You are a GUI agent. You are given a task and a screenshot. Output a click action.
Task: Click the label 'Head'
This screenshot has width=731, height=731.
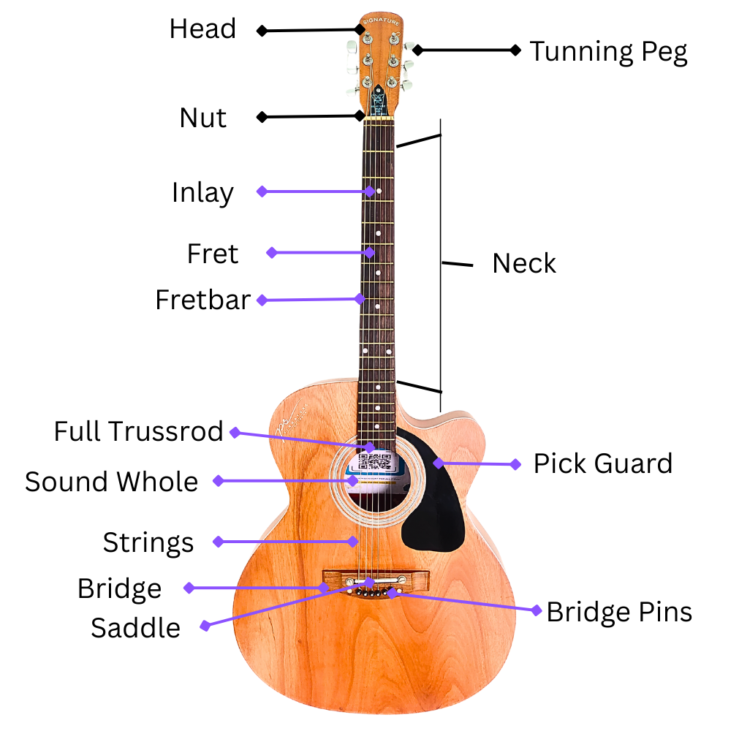point(202,29)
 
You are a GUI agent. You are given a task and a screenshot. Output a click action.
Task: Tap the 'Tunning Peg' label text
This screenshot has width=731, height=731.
point(608,52)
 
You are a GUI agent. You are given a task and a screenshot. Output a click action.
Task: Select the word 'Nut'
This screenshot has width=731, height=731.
point(203,118)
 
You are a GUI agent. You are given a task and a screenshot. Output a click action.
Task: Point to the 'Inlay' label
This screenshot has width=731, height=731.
point(202,193)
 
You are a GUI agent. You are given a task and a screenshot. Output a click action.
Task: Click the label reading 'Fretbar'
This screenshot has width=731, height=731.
point(202,300)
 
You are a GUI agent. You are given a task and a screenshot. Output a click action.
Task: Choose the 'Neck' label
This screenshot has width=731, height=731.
point(524,263)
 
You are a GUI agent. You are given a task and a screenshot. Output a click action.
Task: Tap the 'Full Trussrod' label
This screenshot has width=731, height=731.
point(138,431)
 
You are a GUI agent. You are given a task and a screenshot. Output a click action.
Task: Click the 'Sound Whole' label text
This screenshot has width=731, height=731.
point(111,482)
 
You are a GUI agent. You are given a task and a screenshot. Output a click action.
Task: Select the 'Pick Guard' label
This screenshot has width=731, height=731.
point(602,463)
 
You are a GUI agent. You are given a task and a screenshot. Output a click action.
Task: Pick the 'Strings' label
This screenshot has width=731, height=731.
point(148,542)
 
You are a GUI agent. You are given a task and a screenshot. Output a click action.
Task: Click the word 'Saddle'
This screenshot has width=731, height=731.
point(135,627)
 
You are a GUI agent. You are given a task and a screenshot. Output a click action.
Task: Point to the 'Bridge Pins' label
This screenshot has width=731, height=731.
point(619,611)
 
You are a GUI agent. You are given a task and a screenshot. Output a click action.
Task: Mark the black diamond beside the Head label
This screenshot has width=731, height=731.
point(261,31)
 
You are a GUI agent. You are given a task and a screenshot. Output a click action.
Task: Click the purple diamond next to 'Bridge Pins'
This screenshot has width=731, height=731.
point(537,609)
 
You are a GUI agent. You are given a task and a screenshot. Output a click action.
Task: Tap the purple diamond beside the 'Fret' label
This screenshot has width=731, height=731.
point(271,252)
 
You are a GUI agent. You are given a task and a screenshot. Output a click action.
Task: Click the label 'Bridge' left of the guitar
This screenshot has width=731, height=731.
point(120,588)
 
